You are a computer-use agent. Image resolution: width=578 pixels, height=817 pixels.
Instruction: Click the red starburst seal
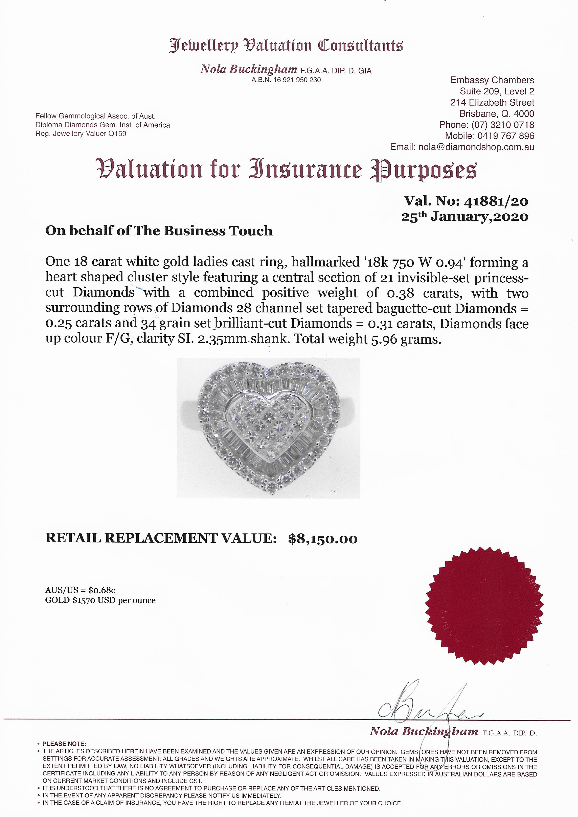tap(485, 612)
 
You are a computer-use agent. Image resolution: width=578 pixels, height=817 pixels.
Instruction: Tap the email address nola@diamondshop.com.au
tap(476, 147)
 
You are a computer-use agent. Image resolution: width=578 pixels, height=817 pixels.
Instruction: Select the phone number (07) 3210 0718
tap(502, 125)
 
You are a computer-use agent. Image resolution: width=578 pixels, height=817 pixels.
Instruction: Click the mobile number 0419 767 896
tap(505, 136)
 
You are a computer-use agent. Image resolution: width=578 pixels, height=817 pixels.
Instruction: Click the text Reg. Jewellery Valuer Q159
tap(81, 134)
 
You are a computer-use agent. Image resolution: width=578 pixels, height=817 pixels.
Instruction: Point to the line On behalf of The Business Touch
tap(159, 231)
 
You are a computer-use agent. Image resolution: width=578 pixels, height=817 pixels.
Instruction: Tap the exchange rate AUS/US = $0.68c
tap(80, 590)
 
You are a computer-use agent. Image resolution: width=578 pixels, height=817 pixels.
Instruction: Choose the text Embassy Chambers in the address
tap(492, 80)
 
